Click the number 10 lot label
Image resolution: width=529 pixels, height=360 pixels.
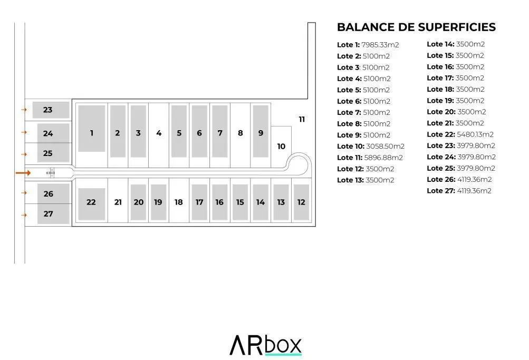[x=281, y=147]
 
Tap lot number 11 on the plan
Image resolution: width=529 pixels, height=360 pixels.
[x=302, y=119]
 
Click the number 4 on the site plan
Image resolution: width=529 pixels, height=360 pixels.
[x=159, y=133]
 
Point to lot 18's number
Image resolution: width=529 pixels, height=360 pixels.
[x=178, y=202]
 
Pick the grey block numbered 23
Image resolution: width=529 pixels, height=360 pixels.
[x=51, y=110]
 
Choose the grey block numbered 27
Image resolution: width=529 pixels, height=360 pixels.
[x=53, y=213]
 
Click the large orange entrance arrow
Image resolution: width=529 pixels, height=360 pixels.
[x=23, y=173]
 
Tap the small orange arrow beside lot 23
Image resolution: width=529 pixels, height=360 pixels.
[x=24, y=110]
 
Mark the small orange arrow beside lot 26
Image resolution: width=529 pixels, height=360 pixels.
[x=24, y=193]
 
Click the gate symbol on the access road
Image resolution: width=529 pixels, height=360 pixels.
[x=51, y=173]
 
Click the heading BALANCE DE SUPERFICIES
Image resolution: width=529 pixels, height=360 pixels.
[x=416, y=27]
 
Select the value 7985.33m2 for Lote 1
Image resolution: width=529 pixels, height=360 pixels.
[x=380, y=45]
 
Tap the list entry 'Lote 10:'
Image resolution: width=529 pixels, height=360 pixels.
[x=351, y=147]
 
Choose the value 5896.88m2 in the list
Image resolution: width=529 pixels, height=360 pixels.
[x=383, y=158]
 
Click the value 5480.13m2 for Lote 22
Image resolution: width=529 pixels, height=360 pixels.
[x=475, y=134]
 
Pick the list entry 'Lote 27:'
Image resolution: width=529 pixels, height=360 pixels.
[x=441, y=191]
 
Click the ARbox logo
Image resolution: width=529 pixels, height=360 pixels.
[x=265, y=345]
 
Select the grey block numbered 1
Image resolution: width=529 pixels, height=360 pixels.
[x=92, y=129]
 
